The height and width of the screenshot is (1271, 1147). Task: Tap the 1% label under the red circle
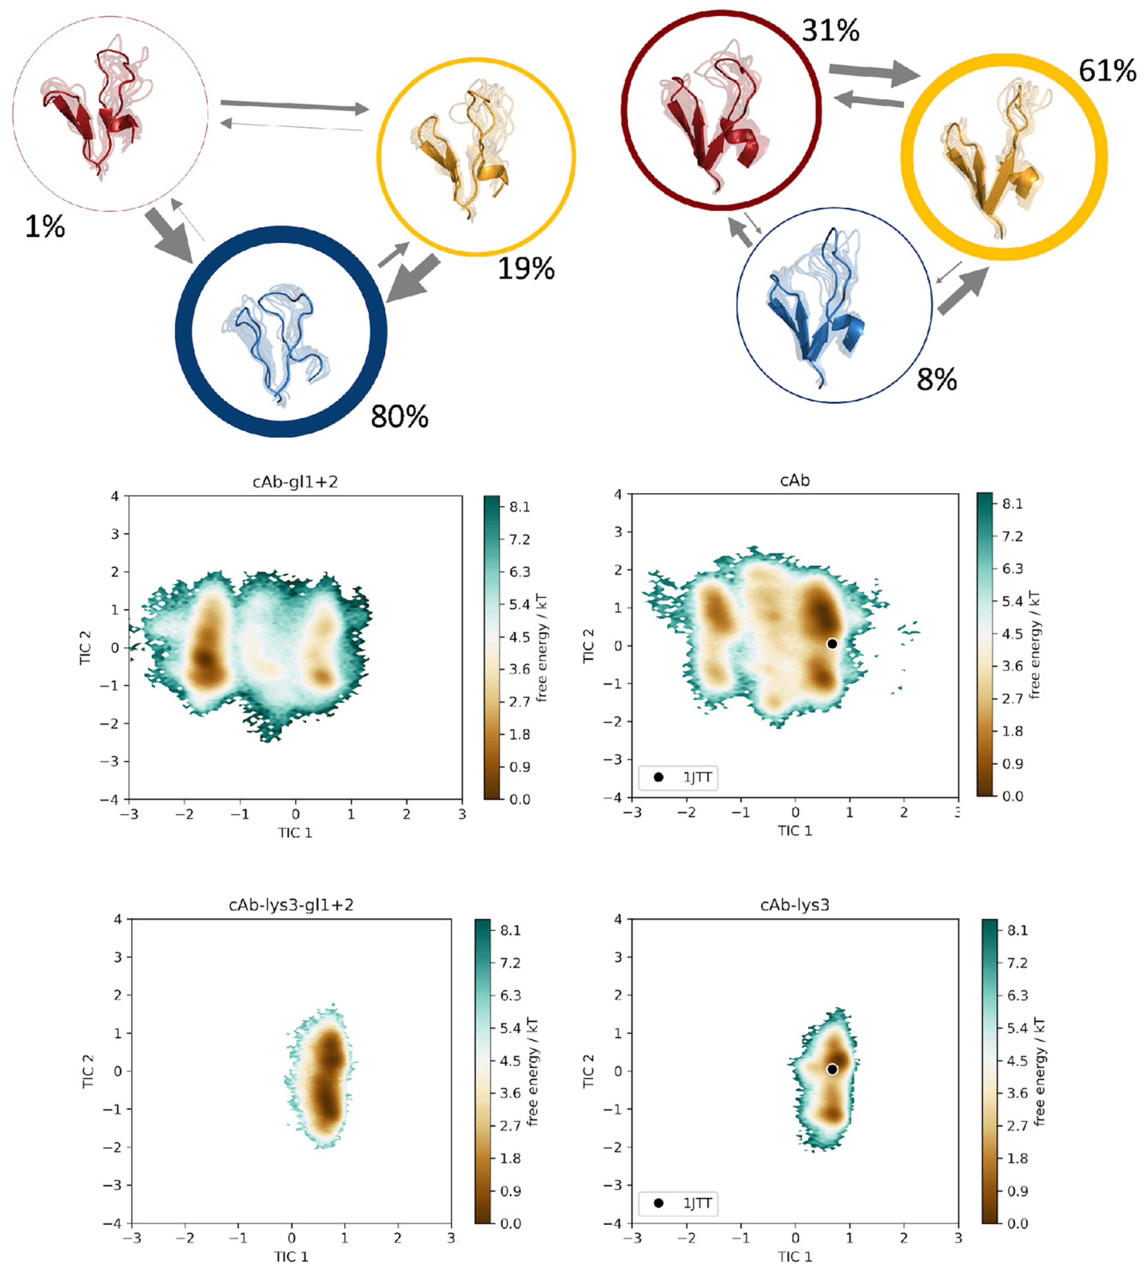click(45, 226)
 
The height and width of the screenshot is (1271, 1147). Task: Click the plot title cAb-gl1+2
click(295, 482)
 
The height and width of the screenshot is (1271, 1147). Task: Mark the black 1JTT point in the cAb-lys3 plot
click(832, 1069)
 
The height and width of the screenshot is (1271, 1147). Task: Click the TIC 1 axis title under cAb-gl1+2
click(295, 833)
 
